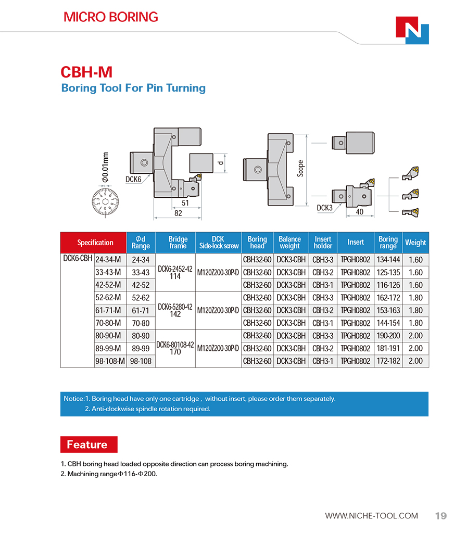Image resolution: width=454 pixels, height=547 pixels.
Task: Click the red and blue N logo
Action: pos(412,30)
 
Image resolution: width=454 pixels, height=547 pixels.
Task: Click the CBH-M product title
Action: pos(86,72)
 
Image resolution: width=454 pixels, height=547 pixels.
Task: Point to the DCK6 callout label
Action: pos(133,179)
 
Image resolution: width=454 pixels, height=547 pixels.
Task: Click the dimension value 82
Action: pos(178,213)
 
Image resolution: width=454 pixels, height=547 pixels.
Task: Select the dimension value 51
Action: pos(185,203)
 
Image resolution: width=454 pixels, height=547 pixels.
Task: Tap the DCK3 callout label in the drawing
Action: pos(324,208)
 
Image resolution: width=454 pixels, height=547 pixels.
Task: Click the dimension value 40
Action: pos(359,212)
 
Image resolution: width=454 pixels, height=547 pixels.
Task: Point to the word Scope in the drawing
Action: pos(300,168)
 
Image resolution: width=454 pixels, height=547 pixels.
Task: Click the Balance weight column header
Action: pos(289,243)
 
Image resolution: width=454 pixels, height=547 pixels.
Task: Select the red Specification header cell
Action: pos(95,243)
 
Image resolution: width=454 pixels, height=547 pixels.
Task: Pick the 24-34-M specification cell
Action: pos(108,260)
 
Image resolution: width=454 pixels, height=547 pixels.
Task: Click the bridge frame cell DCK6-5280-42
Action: pos(175,307)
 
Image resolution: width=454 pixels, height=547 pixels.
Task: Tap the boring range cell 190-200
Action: pos(388,336)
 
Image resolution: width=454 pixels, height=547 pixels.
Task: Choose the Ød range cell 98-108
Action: pos(141,361)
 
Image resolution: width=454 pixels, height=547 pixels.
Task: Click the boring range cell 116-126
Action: pos(388,285)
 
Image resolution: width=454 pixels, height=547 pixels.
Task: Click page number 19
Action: pos(440,516)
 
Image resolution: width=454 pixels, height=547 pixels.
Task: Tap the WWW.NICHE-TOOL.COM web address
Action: pos(371,516)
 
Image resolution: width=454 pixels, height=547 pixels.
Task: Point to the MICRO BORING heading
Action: pos(110,17)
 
